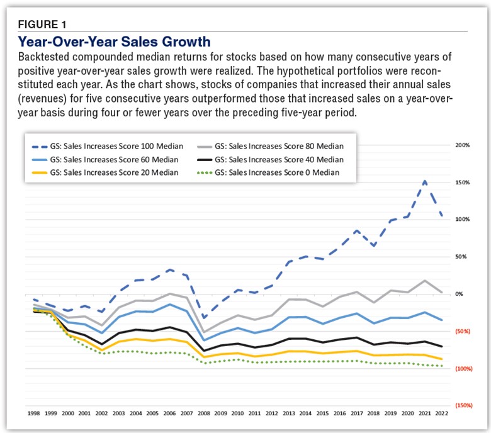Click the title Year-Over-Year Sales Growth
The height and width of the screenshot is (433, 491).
coord(114,42)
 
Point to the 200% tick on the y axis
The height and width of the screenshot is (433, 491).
coord(463,145)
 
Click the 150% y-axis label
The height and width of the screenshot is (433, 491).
coord(463,183)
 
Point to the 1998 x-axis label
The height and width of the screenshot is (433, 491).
coord(35,413)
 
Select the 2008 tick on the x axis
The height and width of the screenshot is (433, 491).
coord(205,413)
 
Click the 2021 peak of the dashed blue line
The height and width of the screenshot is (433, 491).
coord(425,181)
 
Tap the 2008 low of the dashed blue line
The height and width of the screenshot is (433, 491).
coord(205,318)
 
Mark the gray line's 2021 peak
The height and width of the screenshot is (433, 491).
coord(425,281)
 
